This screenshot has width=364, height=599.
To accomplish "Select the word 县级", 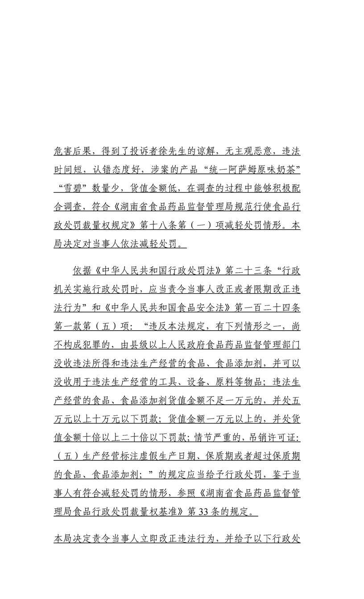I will (x=139, y=345).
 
